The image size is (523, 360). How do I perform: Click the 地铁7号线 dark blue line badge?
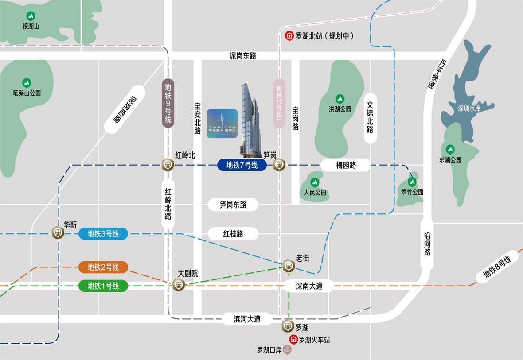point(242,165)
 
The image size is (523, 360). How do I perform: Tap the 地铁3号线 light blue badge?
point(103,234)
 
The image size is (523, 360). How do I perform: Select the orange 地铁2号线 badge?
point(103,267)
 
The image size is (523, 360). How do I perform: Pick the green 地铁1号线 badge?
point(103,286)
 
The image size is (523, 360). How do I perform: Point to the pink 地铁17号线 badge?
point(279,103)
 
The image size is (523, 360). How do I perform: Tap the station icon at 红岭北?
point(168,165)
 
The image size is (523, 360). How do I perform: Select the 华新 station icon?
point(58,233)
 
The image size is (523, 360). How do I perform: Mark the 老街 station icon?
point(289,266)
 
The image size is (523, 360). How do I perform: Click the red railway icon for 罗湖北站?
point(289,36)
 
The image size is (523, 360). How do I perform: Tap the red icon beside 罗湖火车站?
point(293,340)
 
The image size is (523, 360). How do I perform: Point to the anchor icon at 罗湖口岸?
point(287,350)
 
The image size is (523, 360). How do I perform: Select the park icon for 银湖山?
point(31,16)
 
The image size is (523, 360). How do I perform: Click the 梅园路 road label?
point(346,165)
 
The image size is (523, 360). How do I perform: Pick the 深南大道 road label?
point(309,286)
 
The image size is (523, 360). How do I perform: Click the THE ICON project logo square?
point(223,123)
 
